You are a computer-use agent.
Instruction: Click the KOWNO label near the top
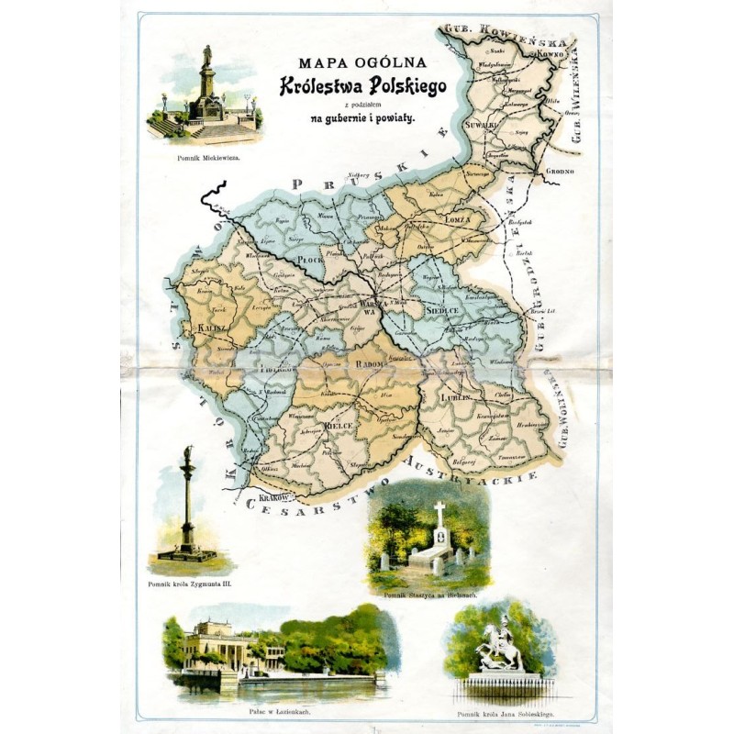point(548,56)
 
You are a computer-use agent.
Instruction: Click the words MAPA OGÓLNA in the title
point(363,64)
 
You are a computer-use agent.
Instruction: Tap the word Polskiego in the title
point(406,86)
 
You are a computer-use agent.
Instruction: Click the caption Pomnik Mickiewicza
point(208,158)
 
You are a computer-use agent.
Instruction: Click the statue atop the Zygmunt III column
point(188,453)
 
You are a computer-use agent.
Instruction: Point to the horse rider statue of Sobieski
point(501,647)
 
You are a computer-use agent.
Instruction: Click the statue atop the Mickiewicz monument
point(207,54)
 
